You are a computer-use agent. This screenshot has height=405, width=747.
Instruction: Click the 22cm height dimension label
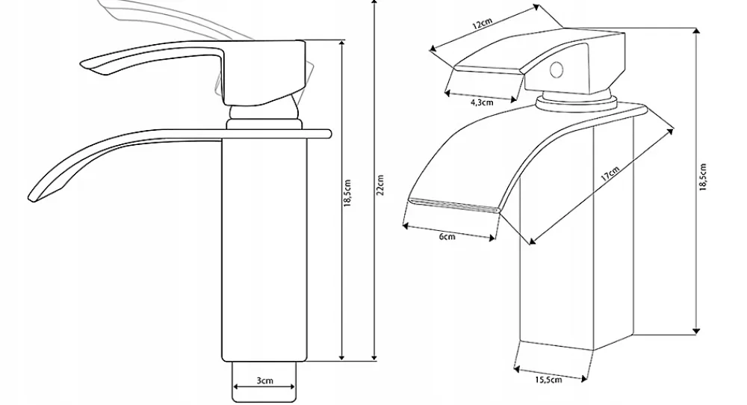tap(379, 185)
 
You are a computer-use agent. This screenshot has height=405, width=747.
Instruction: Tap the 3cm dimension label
tap(265, 380)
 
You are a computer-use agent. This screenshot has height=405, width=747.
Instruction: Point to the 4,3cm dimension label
tap(482, 102)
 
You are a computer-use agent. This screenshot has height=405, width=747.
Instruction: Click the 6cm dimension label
tap(447, 236)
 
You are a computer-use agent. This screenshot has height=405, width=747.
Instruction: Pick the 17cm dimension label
tap(610, 174)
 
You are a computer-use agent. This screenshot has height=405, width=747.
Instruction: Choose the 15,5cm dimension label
tap(548, 380)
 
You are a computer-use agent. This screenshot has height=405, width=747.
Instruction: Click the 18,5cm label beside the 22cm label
tap(348, 193)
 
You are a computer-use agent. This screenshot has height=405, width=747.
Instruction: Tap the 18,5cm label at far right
tap(703, 177)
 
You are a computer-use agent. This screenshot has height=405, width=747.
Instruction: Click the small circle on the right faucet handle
tap(557, 70)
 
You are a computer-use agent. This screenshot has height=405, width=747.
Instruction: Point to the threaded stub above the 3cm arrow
tap(264, 382)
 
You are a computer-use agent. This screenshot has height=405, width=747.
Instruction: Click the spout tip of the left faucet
tap(32, 197)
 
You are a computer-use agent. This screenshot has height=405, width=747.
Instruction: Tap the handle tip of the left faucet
tap(86, 64)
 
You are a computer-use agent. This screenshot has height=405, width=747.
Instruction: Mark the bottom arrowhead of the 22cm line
tap(374, 356)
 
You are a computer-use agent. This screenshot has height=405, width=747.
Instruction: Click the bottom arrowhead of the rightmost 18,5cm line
tap(697, 330)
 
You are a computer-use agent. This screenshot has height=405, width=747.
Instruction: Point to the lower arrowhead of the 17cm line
tap(532, 241)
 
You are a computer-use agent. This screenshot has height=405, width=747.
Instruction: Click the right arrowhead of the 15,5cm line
tap(583, 379)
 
